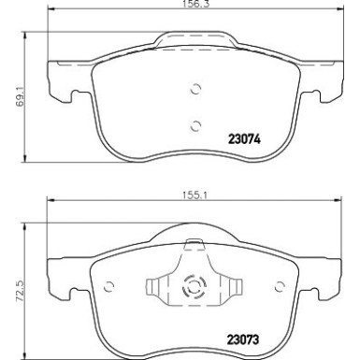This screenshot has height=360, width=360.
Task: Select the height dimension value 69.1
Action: (x=10, y=94)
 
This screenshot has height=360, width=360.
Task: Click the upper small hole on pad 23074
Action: (x=194, y=91)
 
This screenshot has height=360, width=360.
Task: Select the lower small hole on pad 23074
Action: (x=194, y=126)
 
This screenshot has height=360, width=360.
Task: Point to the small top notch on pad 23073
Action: (x=194, y=247)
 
